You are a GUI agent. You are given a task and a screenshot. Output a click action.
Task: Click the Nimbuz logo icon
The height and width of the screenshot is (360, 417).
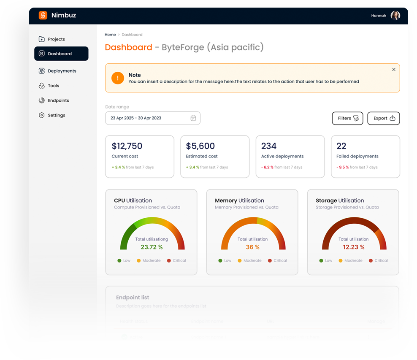click(43, 16)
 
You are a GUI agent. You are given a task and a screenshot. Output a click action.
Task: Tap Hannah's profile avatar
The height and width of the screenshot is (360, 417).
click(395, 16)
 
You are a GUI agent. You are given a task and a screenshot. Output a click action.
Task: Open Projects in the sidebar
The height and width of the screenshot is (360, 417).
click(56, 39)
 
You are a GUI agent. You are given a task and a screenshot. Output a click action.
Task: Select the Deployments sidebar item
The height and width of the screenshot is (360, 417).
click(62, 71)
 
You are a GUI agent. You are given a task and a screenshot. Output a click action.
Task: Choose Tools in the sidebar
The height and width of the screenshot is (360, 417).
click(53, 86)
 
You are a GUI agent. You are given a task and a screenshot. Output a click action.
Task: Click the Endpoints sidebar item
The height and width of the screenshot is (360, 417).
click(58, 100)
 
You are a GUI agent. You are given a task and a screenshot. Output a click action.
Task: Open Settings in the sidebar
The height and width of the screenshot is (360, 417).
click(56, 115)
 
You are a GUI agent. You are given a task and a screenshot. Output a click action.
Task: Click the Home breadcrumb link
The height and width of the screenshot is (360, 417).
click(110, 35)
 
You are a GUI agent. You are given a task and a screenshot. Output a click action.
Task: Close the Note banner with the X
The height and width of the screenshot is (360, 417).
click(394, 70)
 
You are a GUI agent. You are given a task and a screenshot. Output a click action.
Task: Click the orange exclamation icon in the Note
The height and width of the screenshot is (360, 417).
click(118, 78)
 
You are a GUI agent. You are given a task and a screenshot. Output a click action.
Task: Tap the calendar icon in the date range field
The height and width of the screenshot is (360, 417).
click(193, 118)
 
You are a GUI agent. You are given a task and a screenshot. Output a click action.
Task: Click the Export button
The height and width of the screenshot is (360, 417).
click(383, 118)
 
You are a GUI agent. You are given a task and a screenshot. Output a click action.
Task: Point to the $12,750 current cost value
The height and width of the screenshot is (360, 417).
click(127, 146)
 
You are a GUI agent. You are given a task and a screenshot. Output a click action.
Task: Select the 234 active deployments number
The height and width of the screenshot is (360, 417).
click(269, 146)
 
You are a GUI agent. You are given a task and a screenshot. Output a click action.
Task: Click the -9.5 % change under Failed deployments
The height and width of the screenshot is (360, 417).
click(343, 167)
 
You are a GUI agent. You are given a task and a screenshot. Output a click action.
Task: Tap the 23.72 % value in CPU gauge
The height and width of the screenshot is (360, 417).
click(152, 247)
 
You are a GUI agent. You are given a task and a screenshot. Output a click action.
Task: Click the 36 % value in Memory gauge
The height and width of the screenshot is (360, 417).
click(252, 247)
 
